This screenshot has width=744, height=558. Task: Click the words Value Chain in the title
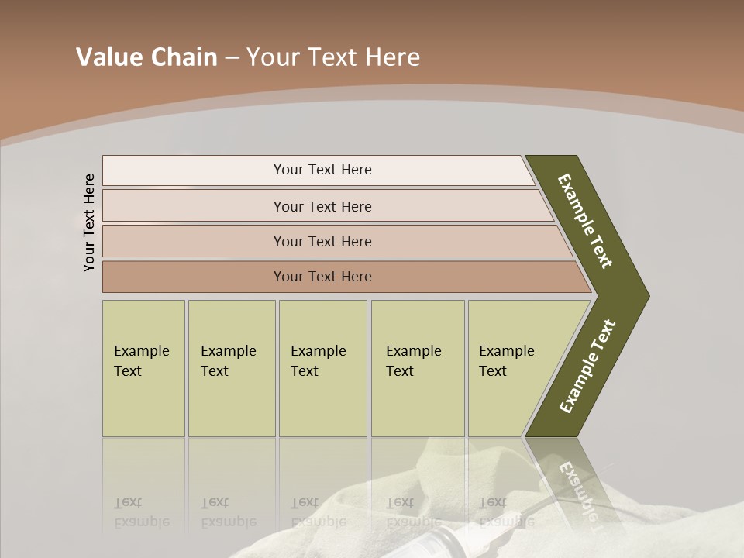pyautogui.click(x=146, y=57)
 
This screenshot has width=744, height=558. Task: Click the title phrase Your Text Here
pyautogui.click(x=333, y=57)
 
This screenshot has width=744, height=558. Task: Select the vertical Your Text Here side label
pyautogui.click(x=89, y=222)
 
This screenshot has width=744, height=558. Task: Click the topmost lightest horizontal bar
pyautogui.click(x=322, y=170)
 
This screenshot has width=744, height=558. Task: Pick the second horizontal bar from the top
pyautogui.click(x=322, y=206)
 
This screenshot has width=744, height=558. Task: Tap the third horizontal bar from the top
pyautogui.click(x=322, y=241)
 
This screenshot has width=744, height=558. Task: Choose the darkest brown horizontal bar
pyautogui.click(x=322, y=277)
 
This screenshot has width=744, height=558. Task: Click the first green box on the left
pyautogui.click(x=143, y=368)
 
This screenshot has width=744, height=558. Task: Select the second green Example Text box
pyautogui.click(x=231, y=368)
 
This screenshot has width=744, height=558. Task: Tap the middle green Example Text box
pyautogui.click(x=322, y=368)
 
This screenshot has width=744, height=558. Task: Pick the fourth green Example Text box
pyautogui.click(x=417, y=368)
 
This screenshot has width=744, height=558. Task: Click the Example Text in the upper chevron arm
pyautogui.click(x=586, y=221)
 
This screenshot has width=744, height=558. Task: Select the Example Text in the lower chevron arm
pyautogui.click(x=587, y=367)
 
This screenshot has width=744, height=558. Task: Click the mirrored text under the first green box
pyautogui.click(x=141, y=513)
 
